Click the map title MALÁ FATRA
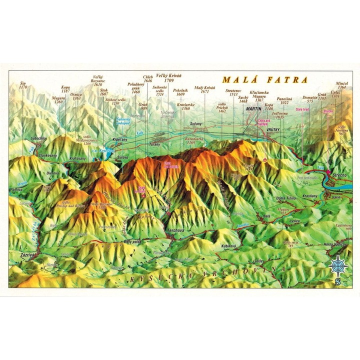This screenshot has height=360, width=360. pos(265,79)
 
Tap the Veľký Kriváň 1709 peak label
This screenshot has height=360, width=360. pos(168,78)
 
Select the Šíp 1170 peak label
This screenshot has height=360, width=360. pos(23,85)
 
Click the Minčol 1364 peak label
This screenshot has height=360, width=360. pos(342,86)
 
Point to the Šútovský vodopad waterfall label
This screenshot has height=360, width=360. pos(125,120)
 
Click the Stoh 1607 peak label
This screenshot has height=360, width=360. pos(104,91)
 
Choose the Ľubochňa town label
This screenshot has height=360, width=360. pos(38,138)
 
